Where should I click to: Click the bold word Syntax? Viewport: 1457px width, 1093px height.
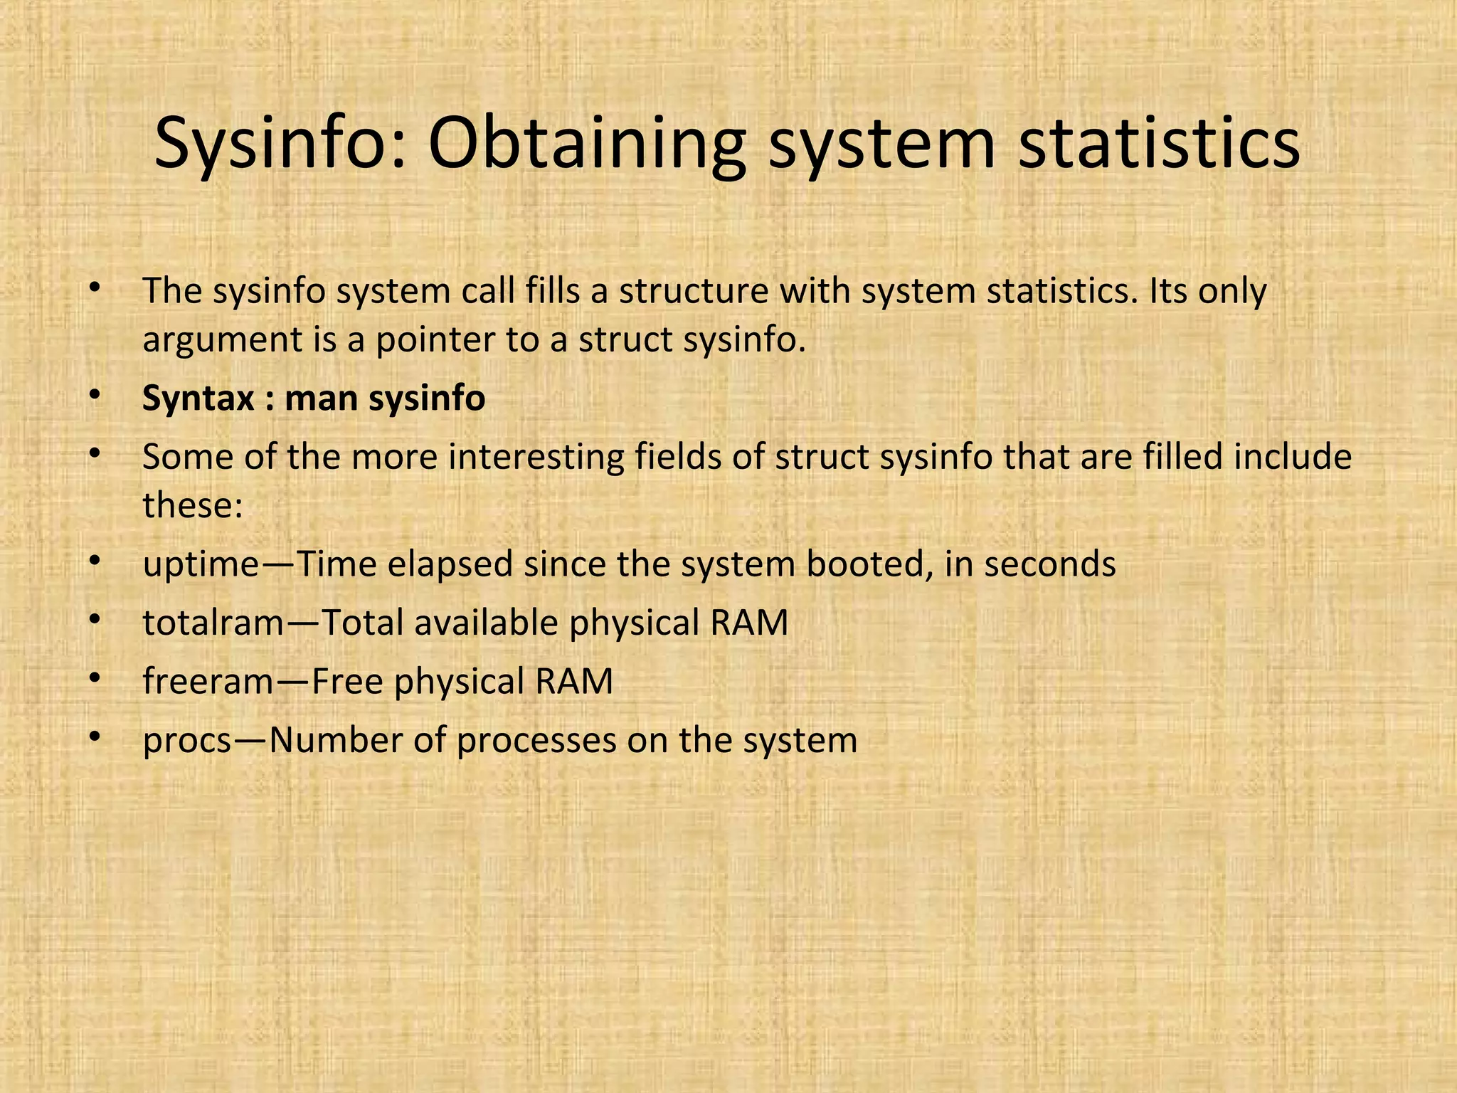[x=198, y=398]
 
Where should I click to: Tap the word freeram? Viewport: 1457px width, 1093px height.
[x=208, y=681]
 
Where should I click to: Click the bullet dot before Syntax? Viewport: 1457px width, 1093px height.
[x=94, y=397]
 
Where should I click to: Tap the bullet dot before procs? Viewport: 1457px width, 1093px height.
[x=94, y=739]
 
